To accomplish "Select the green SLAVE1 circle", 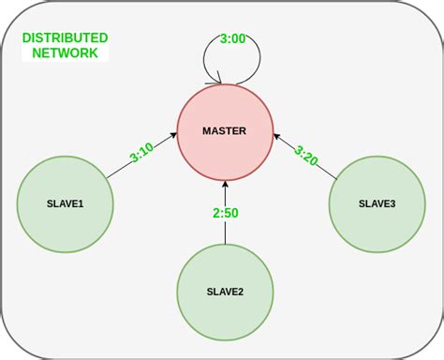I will point(66,203).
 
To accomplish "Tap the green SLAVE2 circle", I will point(225,292).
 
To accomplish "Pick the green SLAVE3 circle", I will point(377,203).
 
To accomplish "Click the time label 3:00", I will point(233,39).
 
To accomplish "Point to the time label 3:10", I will point(142,151).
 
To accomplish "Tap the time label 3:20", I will point(306,156).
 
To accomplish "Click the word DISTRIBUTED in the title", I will point(66,38).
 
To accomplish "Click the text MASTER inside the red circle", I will point(225,131).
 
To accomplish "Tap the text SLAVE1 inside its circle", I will point(66,203).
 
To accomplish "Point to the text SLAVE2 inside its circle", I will point(225,292).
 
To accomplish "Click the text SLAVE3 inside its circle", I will point(377,203).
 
